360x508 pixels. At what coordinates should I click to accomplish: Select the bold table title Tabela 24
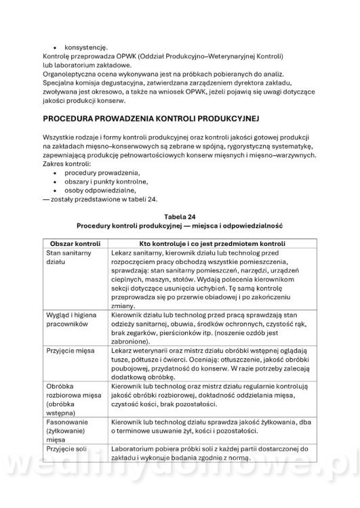180,217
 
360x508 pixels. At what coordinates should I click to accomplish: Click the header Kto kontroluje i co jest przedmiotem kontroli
211,242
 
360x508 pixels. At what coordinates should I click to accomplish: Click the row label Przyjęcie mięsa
71,352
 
